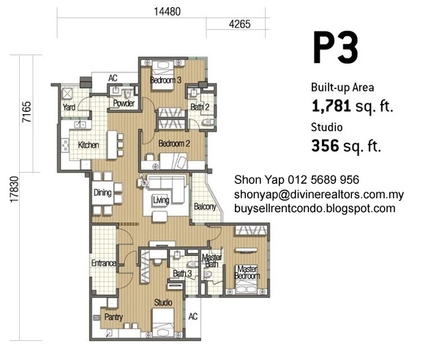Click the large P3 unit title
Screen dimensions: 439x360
(335, 48)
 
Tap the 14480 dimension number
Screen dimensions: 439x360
(168, 12)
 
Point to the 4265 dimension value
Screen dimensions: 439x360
(240, 24)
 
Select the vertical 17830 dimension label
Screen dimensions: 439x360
(14, 189)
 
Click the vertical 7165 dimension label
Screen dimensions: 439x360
(27, 112)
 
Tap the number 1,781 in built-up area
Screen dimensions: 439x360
(331, 106)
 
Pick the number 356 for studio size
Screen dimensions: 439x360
(326, 146)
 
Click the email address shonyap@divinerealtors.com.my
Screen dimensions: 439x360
(319, 195)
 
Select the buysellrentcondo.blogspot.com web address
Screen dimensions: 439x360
(315, 209)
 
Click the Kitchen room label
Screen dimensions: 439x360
(89, 145)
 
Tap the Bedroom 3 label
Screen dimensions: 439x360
(165, 80)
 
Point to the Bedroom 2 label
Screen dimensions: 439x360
(174, 143)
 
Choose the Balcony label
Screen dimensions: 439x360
(205, 207)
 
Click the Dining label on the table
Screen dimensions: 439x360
(102, 192)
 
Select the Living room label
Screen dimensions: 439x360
(161, 200)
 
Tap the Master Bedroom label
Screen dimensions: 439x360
(247, 272)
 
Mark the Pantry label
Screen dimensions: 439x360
(113, 317)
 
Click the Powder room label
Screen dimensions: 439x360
(124, 103)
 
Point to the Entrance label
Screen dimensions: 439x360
(104, 263)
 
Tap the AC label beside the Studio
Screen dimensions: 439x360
(193, 317)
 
